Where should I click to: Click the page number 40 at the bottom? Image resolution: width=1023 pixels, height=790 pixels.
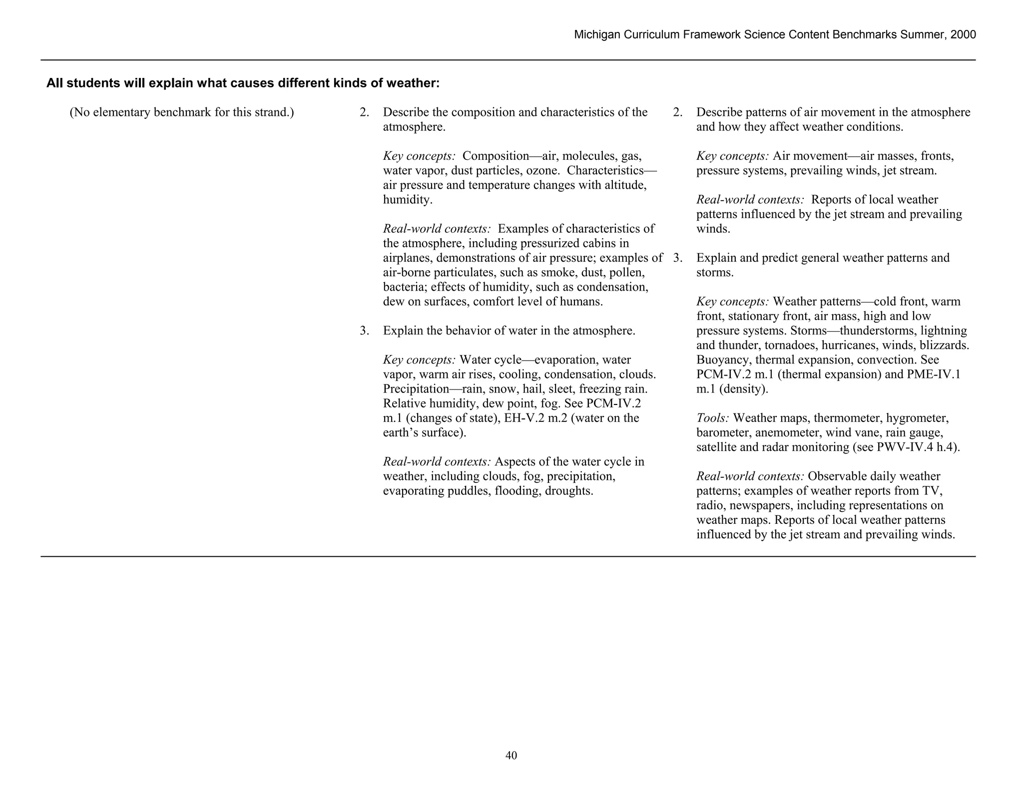coord(511,756)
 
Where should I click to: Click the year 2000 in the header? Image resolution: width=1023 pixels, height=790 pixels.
coord(963,34)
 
